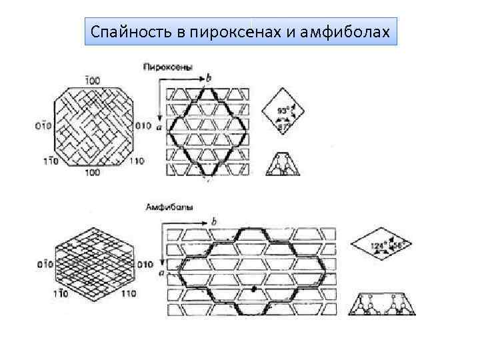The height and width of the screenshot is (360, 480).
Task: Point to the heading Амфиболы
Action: (x=169, y=207)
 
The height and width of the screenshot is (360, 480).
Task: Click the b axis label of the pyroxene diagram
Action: (x=209, y=78)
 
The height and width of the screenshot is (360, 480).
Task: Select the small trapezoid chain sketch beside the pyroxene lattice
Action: (x=283, y=163)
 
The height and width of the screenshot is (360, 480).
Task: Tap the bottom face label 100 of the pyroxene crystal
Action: (x=93, y=171)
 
